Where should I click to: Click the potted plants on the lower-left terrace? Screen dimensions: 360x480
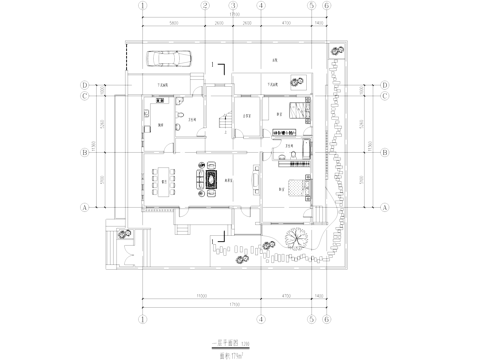click(x=122, y=234)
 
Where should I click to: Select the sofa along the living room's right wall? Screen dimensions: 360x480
click(x=257, y=181)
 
